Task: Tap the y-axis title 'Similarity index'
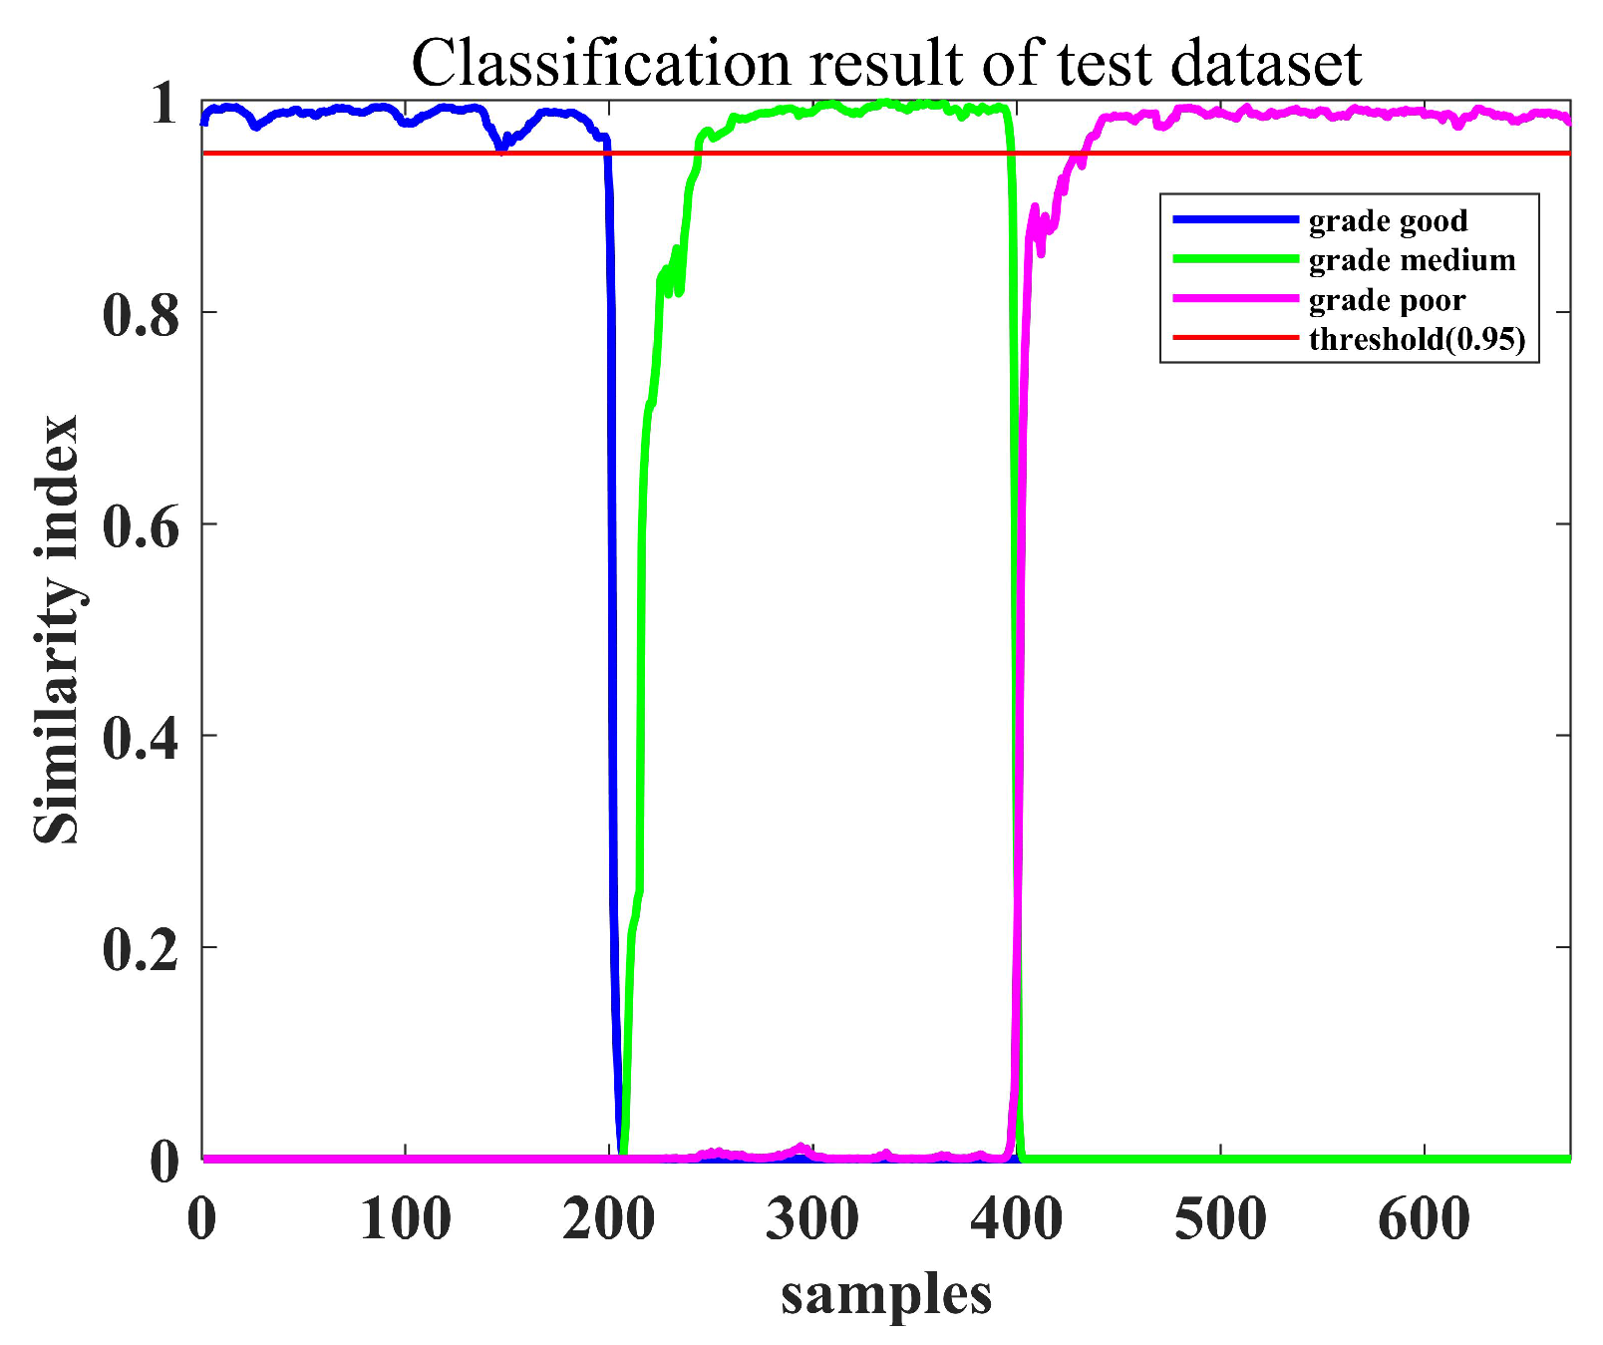pos(57,630)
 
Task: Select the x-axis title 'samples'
pos(886,1295)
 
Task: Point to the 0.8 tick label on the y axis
pos(140,313)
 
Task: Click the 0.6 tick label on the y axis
pos(140,524)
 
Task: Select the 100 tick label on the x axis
pos(405,1218)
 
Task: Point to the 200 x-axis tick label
pos(608,1218)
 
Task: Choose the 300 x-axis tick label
pos(811,1218)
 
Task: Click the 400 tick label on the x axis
pos(1016,1218)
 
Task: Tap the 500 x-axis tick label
pos(1220,1218)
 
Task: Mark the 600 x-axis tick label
pos(1424,1218)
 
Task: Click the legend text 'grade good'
pos(1388,220)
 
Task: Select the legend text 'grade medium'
pos(1412,260)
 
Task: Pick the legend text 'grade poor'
pos(1387,300)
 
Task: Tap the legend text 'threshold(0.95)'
pos(1417,340)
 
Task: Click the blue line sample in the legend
pos(1235,219)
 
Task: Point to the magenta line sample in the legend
pos(1235,299)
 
